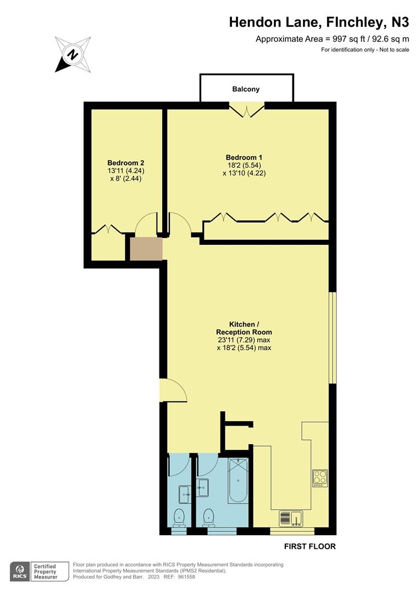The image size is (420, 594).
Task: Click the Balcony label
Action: point(246,89)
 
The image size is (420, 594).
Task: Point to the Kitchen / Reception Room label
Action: point(244,328)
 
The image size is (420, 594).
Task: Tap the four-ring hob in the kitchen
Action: point(320,477)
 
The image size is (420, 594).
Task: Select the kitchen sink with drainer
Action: point(291,518)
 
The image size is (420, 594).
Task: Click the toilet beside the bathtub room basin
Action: point(208,516)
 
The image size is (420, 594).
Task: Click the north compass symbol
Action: point(72,54)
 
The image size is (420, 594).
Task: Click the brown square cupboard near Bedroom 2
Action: point(146,249)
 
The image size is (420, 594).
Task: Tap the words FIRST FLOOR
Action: point(310,547)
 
